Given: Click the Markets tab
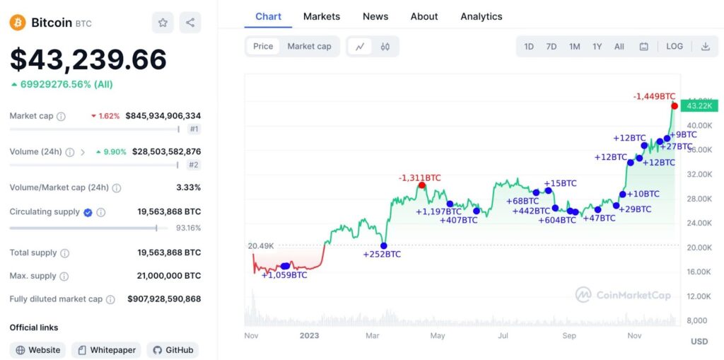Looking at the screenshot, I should coord(322,16).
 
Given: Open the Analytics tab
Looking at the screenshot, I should coord(481,16).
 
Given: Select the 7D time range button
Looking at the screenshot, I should coord(551,47).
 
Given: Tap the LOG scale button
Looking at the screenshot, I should coord(675,47).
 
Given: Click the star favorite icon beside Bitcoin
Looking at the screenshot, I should coord(163,23).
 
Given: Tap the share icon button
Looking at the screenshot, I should coord(190,23).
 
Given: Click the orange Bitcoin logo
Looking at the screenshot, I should coord(18,23).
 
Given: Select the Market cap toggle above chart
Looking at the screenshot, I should coord(309,47).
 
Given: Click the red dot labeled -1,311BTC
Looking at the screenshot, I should coord(421,185).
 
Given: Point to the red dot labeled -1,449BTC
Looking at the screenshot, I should coord(675,106).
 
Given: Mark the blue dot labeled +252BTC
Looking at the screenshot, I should coord(384,246).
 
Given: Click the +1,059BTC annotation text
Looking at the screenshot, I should coord(284,275).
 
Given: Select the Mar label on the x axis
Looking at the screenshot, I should coord(372,336).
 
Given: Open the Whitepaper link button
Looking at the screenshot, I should coord(106,350).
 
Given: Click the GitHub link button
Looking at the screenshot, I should coord(173,350).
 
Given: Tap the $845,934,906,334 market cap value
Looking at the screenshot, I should coord(163,116).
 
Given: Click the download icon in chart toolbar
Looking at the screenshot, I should coord(705,47).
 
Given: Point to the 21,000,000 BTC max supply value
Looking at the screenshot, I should coord(168,276).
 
